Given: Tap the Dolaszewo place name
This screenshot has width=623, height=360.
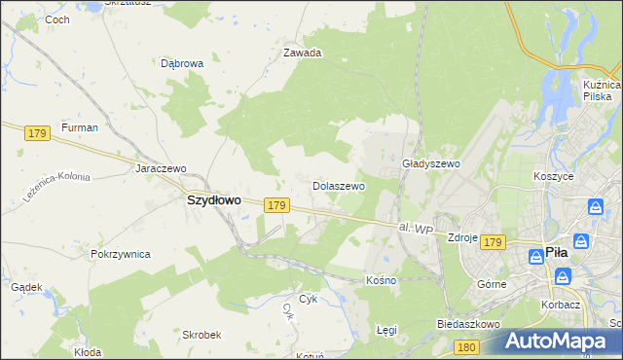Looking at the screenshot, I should click(338, 185).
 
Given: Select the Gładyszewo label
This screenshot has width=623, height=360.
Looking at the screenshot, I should click(430, 164).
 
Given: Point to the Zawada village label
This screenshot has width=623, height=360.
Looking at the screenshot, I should click(302, 54).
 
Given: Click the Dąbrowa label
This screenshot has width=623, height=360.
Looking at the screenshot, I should click(182, 63).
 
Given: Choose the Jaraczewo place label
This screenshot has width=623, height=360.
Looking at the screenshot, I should click(161, 167).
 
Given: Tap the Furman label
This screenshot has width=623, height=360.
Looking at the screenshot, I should click(79, 127).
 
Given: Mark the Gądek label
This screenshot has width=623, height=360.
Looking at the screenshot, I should click(26, 287).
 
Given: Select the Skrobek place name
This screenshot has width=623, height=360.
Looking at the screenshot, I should click(202, 334).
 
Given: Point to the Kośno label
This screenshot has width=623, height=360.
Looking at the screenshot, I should click(381, 280).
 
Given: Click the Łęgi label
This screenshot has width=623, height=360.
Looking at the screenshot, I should click(386, 330).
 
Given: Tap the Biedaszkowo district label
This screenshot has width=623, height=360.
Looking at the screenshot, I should click(468, 323).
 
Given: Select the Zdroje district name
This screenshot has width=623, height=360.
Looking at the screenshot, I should click(460, 237).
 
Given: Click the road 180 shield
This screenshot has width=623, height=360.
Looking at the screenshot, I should click(466, 347).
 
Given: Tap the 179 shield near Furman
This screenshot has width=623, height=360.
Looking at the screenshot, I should click(37, 133).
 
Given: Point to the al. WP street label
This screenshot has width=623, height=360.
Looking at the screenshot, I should click(415, 229).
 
